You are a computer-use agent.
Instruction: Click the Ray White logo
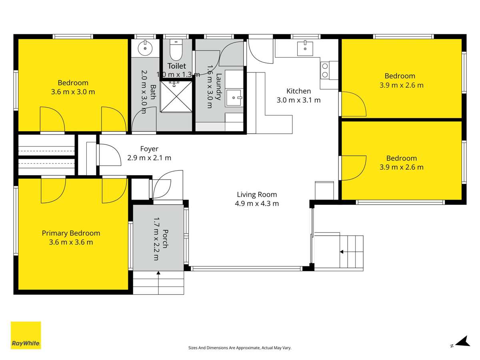coord(26,335)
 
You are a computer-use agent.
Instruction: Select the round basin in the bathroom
coord(144,49)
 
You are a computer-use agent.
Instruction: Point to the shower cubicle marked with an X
coord(176,97)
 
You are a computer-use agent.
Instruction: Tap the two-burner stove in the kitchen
coord(325,70)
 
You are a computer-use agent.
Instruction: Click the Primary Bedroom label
coord(71,233)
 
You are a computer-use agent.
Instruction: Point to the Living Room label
coord(257,195)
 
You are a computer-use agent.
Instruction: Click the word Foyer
coord(149,149)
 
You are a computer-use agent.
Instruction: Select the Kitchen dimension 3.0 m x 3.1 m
coord(298,100)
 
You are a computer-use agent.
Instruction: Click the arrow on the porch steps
coord(158,274)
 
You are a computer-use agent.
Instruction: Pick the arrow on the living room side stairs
coord(342,252)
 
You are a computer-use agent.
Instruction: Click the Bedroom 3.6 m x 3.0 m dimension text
coord(73,92)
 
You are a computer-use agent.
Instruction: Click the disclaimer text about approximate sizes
coord(240,348)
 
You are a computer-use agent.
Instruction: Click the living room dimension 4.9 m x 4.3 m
coord(257,203)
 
